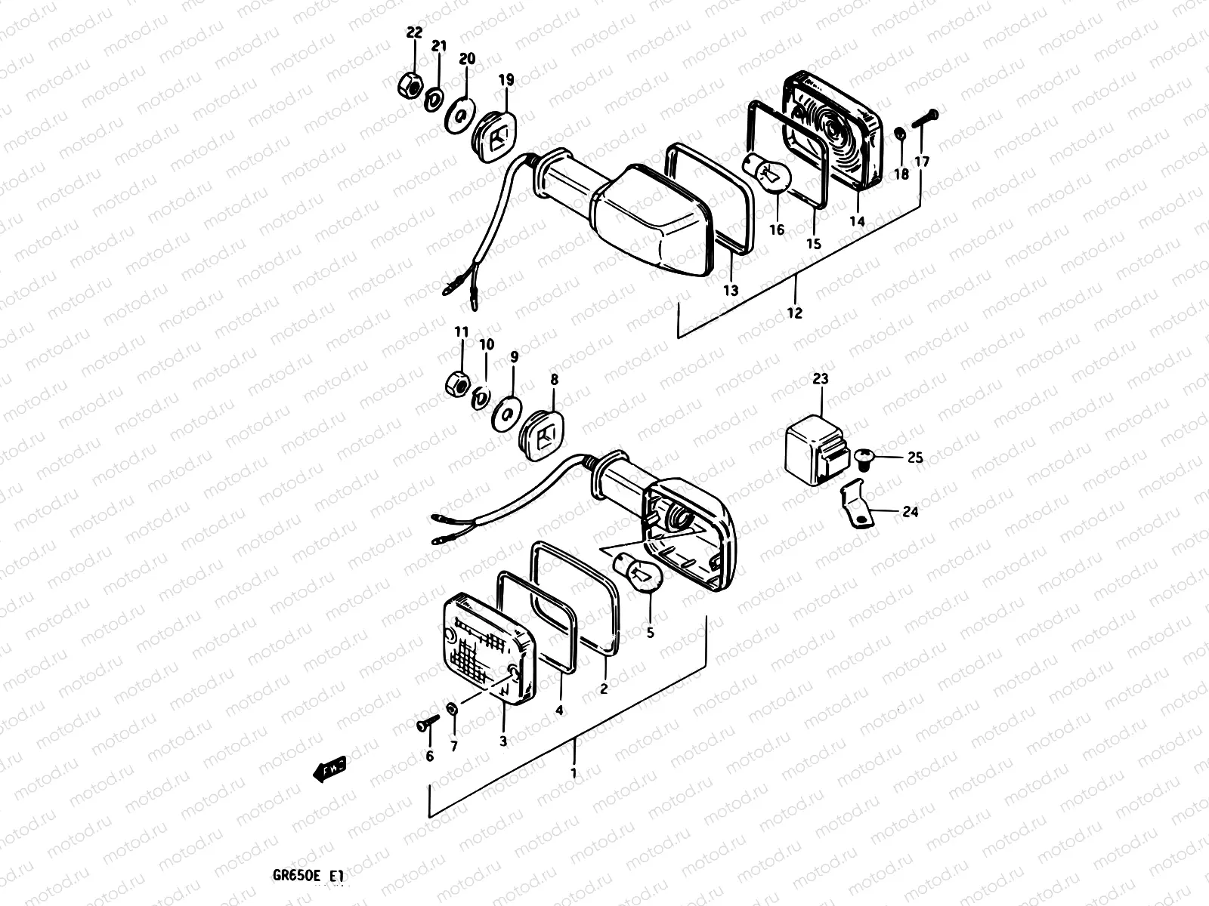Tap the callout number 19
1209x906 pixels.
tap(506, 79)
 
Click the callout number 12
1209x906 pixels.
tap(794, 313)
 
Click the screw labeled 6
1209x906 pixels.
tap(425, 723)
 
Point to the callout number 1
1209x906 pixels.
tap(574, 773)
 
